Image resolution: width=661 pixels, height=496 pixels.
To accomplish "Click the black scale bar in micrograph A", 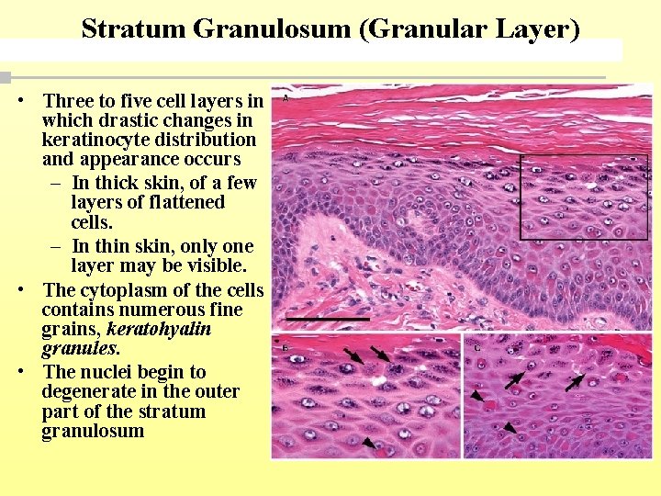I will (327, 319).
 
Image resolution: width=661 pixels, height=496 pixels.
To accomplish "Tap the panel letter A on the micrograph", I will (286, 96).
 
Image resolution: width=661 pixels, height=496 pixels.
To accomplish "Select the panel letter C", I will (476, 347).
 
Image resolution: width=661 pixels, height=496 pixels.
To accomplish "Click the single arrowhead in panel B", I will (368, 443).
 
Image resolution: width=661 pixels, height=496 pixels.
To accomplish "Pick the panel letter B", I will (285, 347).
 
